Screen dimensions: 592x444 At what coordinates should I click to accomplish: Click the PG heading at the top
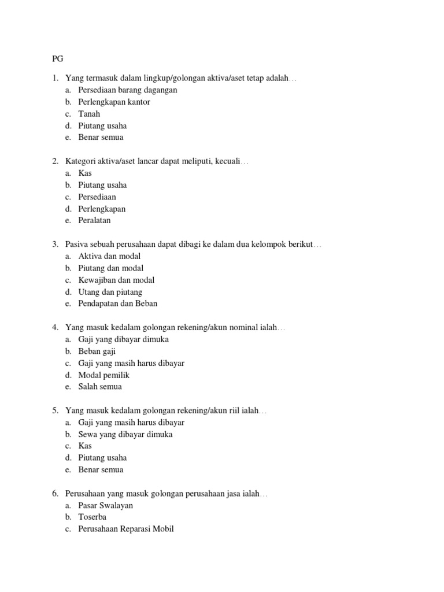click(57, 58)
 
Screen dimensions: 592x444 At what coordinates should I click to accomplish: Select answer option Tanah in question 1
click(89, 114)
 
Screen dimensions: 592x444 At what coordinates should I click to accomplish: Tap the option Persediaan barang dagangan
click(128, 90)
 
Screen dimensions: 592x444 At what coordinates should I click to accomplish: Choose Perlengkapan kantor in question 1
click(114, 102)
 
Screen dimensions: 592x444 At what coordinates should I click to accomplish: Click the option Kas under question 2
click(85, 173)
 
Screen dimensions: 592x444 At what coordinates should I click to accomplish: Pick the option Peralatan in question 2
click(94, 220)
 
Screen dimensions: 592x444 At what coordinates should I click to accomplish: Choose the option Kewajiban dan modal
click(116, 280)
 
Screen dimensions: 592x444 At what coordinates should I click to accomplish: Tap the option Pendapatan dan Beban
click(118, 304)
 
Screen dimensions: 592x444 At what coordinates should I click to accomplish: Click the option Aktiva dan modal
click(109, 256)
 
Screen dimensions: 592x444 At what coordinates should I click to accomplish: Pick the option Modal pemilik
click(104, 375)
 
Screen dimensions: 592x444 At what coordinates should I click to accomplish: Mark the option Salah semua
click(100, 387)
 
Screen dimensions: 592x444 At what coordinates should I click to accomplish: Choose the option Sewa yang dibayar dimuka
click(125, 434)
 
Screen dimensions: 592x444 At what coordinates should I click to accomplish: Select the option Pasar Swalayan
click(106, 505)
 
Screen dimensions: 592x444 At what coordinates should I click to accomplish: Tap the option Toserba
click(92, 517)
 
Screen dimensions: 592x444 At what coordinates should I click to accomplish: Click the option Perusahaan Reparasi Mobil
click(126, 529)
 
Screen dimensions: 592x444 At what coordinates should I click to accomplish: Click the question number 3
click(55, 245)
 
